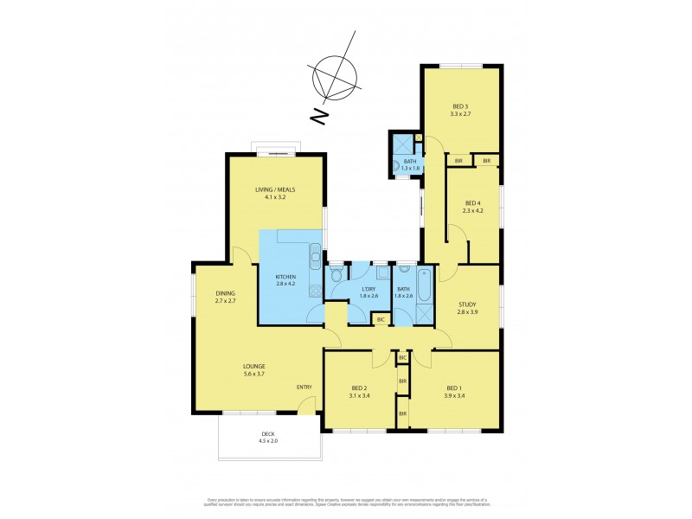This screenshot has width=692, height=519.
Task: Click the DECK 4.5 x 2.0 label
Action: pyautogui.click(x=269, y=438)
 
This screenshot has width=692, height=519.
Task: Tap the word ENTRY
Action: pyautogui.click(x=304, y=387)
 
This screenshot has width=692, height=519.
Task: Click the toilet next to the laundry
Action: pyautogui.click(x=336, y=276)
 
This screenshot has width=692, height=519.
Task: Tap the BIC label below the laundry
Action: pyautogui.click(x=380, y=319)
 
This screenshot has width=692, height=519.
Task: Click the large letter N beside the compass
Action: pyautogui.click(x=318, y=114)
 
